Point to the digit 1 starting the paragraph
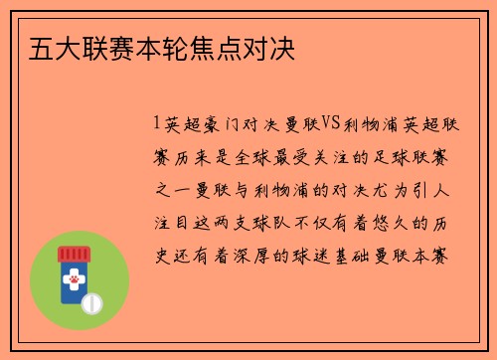point(157,123)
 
